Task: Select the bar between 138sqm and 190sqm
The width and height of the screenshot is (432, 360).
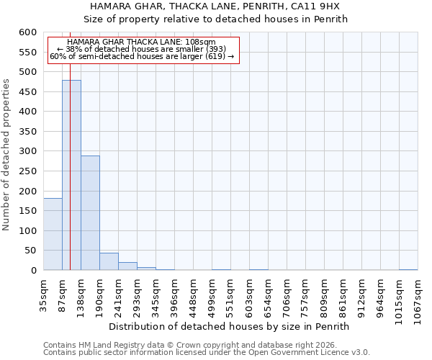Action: coord(90,212)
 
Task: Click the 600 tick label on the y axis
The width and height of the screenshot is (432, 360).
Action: coord(27,32)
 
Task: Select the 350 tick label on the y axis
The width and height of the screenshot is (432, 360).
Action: coord(27,132)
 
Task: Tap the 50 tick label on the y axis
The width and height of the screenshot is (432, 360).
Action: coord(30,251)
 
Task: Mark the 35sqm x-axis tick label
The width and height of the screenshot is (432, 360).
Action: coord(43,294)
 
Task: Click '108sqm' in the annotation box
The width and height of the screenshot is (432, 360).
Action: coord(201,42)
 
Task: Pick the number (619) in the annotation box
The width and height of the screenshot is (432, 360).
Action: coord(215,56)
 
